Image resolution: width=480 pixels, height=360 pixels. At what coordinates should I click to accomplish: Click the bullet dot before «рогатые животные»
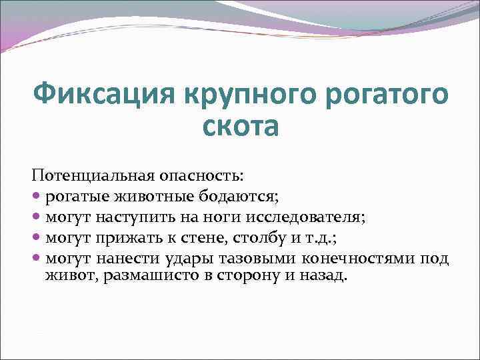[x=36, y=197]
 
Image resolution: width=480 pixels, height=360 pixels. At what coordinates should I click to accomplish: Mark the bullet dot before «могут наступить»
[x=36, y=217]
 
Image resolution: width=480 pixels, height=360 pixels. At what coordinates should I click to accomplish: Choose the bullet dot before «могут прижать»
[x=36, y=237]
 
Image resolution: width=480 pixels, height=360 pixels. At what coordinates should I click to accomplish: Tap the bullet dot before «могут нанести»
[x=36, y=258]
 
